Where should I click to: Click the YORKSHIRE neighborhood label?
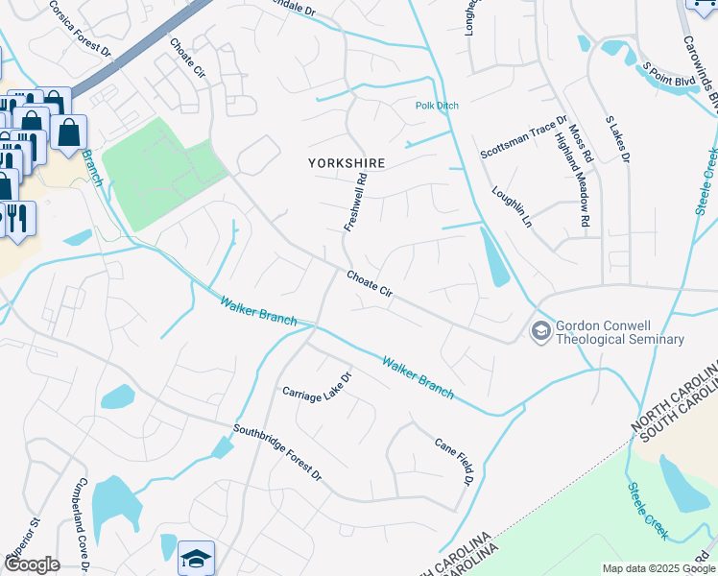click(347, 163)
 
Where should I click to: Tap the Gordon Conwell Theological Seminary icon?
click(540, 330)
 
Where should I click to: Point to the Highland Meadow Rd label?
click(570, 179)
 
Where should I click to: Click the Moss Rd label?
click(581, 141)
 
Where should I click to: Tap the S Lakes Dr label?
click(616, 138)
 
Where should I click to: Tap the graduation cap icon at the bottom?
click(196, 559)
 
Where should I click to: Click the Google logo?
click(32, 564)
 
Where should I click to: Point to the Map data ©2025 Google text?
click(658, 568)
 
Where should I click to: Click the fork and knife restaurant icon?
click(16, 217)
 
